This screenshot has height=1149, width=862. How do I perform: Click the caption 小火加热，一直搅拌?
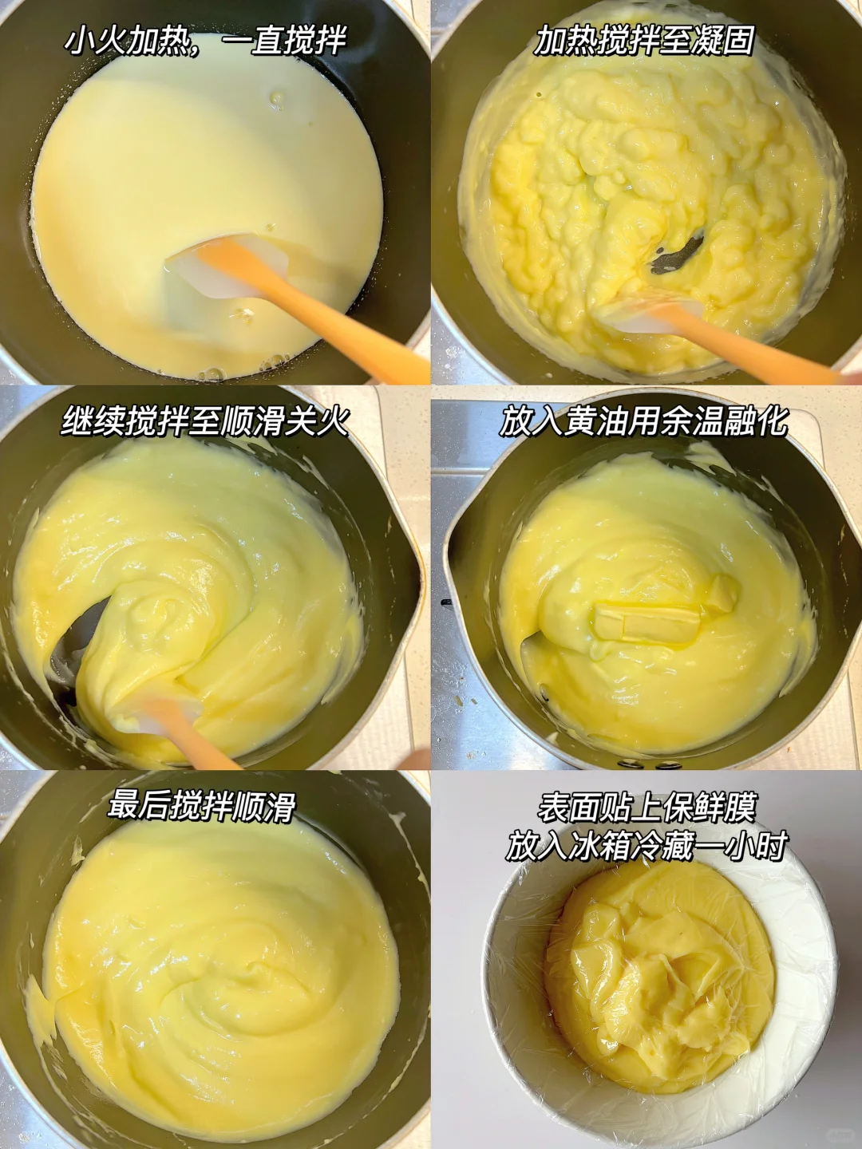pos(205,41)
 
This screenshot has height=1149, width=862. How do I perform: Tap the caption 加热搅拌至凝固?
pos(644,41)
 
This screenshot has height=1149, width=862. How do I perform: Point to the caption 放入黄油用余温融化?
pos(644,421)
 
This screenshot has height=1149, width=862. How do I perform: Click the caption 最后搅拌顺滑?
pos(202,806)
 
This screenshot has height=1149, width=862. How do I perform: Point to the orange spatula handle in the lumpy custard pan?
pos(743,340)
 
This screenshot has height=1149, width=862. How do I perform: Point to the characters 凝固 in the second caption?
pos(725,41)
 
